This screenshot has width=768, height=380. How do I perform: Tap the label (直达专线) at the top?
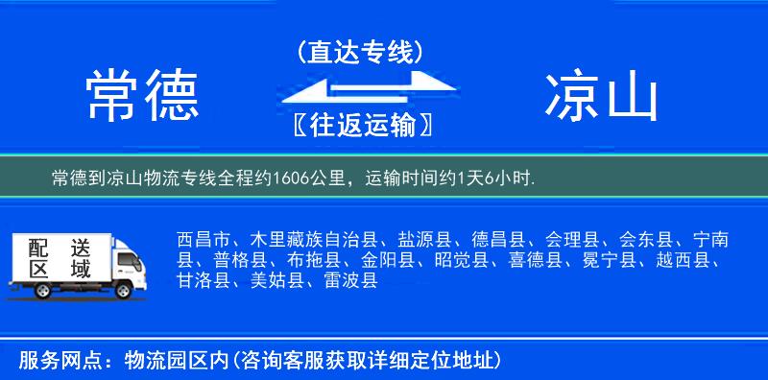point(361,52)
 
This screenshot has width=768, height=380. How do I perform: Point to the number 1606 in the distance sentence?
point(292,178)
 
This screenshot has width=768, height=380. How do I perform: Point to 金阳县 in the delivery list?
point(387,260)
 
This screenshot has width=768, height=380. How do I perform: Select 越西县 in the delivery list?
point(684,260)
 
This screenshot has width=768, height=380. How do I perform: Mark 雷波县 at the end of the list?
point(350,280)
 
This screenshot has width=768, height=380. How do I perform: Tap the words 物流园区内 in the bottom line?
point(180,360)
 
